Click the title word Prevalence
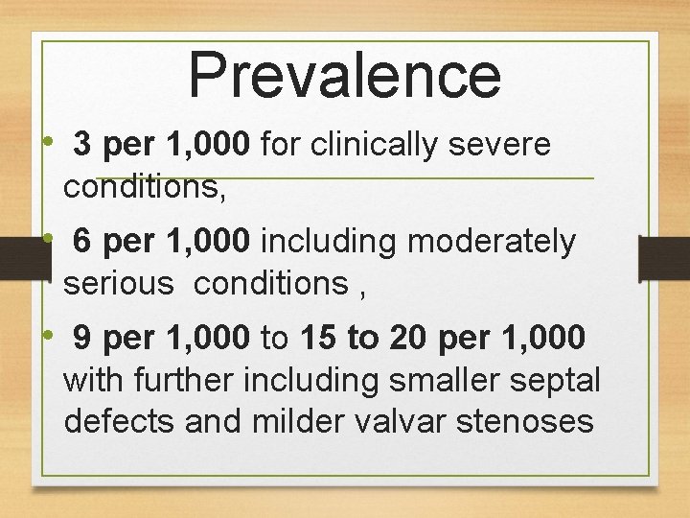[345, 75]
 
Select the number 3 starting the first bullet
[82, 145]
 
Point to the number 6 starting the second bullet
[82, 242]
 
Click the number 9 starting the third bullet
[82, 339]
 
